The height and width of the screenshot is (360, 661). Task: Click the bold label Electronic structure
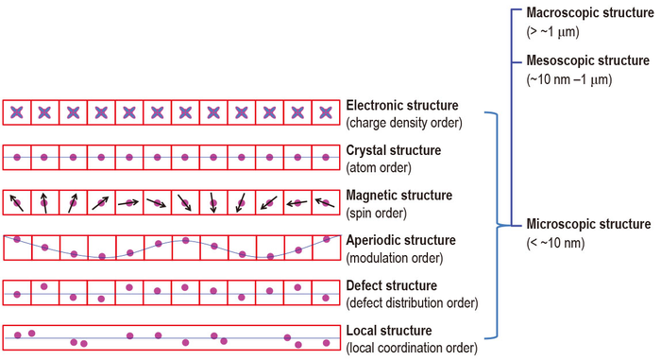[x=402, y=105]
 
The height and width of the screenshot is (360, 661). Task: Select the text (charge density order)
[x=403, y=123]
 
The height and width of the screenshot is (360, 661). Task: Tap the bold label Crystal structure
[x=394, y=150]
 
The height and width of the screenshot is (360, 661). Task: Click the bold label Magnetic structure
[x=399, y=195]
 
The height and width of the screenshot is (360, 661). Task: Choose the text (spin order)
[x=377, y=213]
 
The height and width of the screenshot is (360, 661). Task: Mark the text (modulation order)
[x=392, y=257]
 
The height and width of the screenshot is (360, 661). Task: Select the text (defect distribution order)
[x=413, y=302]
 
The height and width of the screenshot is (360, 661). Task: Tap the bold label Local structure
[x=389, y=331]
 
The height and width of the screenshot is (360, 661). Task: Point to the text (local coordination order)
[x=411, y=348]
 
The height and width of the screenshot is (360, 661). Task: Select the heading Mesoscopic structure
[x=586, y=60]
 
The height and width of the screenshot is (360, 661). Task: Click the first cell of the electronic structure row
[x=17, y=112]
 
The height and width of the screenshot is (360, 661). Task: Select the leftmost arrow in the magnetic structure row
[x=17, y=202]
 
